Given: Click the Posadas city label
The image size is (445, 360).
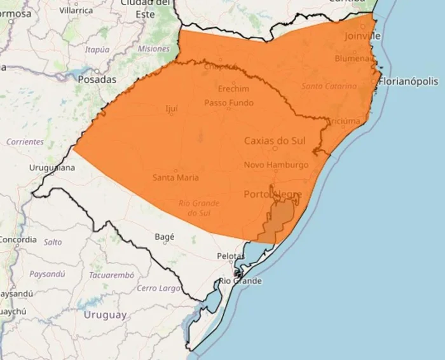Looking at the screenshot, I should pyautogui.click(x=97, y=80).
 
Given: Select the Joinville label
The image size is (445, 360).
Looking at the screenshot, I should pyautogui.click(x=362, y=36).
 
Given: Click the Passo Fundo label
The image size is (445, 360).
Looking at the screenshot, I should pyautogui.click(x=228, y=103).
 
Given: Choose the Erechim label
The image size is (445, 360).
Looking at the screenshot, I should pyautogui.click(x=233, y=88).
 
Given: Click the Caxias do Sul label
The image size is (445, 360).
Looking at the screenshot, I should pyautogui.click(x=275, y=141).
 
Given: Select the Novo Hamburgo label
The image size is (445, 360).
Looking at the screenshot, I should pyautogui.click(x=276, y=165).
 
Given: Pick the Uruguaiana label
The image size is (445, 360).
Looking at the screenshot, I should pyautogui.click(x=52, y=168).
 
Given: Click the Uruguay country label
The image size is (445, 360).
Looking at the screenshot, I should pyautogui.click(x=105, y=315).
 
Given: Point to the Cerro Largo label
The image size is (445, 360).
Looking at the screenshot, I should pyautogui.click(x=159, y=289).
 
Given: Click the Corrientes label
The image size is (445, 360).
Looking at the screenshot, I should pyautogui.click(x=25, y=142).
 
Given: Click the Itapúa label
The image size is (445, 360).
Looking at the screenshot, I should pyautogui.click(x=97, y=49).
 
